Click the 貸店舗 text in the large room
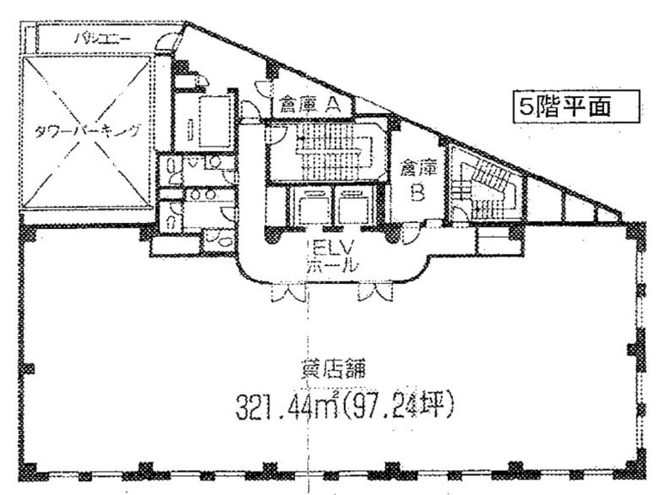(333, 371)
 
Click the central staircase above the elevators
(326, 153)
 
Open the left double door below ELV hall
(287, 293)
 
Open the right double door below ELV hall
(375, 293)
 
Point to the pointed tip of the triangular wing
(620, 214)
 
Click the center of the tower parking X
(86, 131)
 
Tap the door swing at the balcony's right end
(169, 41)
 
